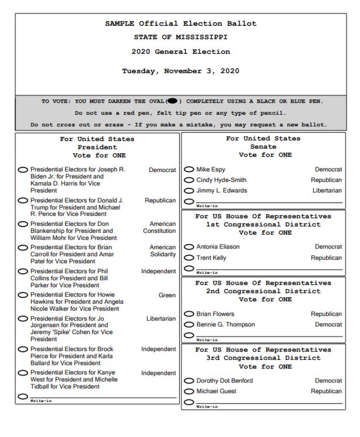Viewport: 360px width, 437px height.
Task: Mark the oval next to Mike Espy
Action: (189, 170)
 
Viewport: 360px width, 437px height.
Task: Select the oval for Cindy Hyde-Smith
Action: (189, 180)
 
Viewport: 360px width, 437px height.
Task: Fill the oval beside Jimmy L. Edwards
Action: (189, 191)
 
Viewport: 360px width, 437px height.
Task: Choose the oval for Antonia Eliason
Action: (189, 247)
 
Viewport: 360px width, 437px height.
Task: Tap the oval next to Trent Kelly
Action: (189, 258)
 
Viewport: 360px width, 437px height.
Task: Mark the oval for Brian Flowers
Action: (189, 314)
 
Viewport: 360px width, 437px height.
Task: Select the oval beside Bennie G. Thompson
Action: (189, 325)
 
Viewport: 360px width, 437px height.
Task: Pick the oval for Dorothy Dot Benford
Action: (189, 381)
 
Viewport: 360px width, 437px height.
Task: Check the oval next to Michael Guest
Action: (189, 391)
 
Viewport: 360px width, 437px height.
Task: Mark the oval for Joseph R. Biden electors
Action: (23, 170)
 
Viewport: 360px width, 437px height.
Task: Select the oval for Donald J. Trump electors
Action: (23, 201)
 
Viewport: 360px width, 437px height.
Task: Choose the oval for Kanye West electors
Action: (23, 373)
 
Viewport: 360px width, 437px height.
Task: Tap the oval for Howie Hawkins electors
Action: (23, 295)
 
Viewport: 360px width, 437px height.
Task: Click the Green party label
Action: (167, 295)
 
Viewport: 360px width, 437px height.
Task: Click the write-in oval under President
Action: (23, 396)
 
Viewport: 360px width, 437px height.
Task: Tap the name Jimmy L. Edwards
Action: (222, 191)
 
